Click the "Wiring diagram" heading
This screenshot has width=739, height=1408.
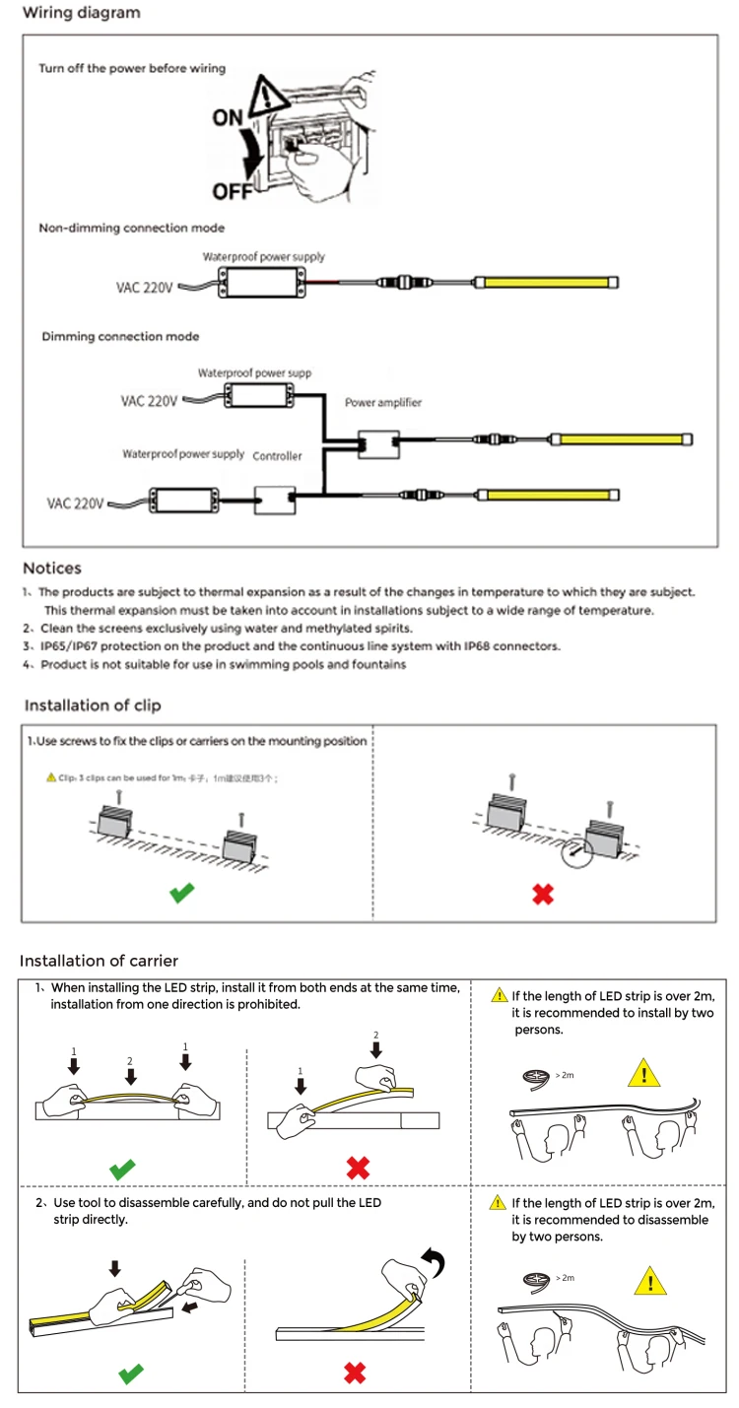point(82,14)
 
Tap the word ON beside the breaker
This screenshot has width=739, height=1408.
point(228,117)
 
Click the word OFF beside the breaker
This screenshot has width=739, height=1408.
point(233,190)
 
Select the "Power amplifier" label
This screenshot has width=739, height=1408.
point(383,403)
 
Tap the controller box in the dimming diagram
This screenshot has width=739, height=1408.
point(275,500)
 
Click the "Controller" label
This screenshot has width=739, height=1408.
point(277,456)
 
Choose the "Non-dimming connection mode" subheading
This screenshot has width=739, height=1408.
point(131,228)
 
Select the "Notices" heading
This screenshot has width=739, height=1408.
point(52,569)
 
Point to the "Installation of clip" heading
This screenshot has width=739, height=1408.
point(93,705)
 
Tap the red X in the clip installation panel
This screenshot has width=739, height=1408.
point(542,894)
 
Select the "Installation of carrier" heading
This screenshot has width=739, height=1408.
point(99,961)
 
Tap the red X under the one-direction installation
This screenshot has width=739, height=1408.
point(358,1169)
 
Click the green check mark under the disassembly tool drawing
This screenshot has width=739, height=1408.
point(130,1373)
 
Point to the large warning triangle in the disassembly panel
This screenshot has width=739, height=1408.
point(649,1282)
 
